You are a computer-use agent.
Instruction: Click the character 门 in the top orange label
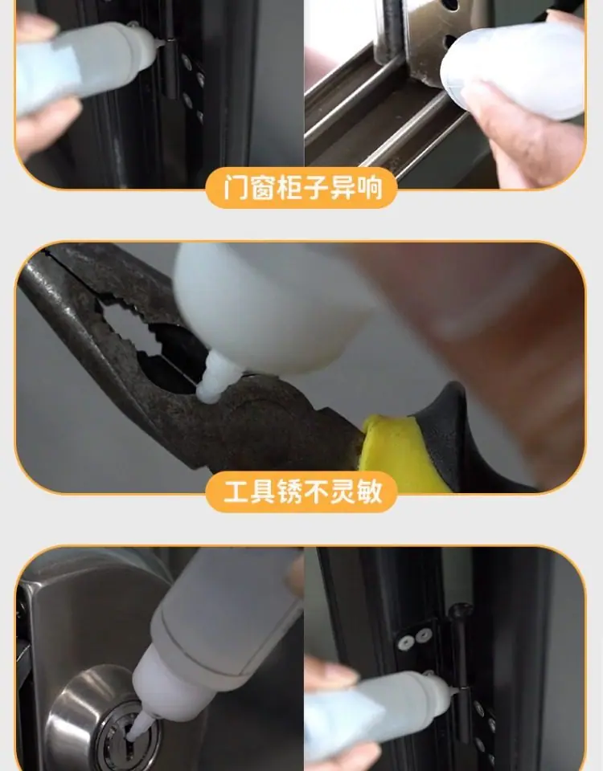[x=236, y=187]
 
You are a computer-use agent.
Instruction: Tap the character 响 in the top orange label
[x=370, y=187]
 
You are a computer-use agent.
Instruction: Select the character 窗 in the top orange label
[x=262, y=187]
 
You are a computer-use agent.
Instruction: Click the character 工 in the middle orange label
[x=236, y=491]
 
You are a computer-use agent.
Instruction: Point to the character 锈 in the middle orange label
[x=289, y=491]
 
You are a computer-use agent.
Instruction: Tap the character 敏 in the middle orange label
[x=370, y=491]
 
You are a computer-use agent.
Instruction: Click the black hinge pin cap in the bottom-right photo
[x=461, y=612]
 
